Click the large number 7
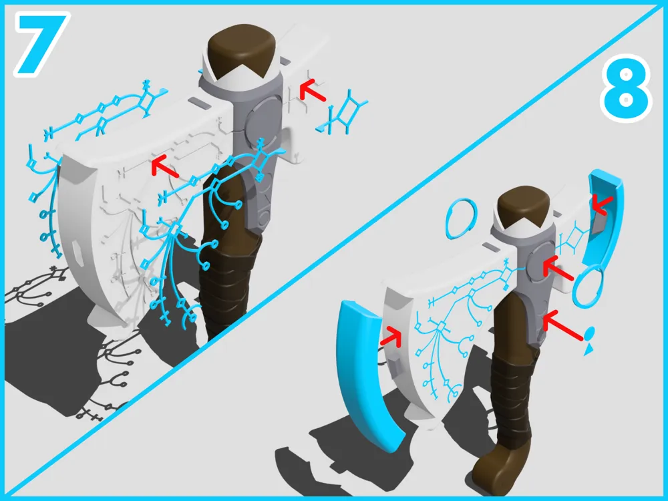coord(41,43)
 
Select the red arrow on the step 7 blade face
coord(165,166)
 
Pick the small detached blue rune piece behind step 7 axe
coord(343,112)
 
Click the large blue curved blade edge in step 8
coord(366,375)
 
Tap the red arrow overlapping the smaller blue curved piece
coord(602,205)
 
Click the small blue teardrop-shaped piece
coord(589,340)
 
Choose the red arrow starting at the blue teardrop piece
coord(562,325)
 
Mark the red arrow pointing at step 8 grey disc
coord(558,269)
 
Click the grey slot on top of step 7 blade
coord(197,102)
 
